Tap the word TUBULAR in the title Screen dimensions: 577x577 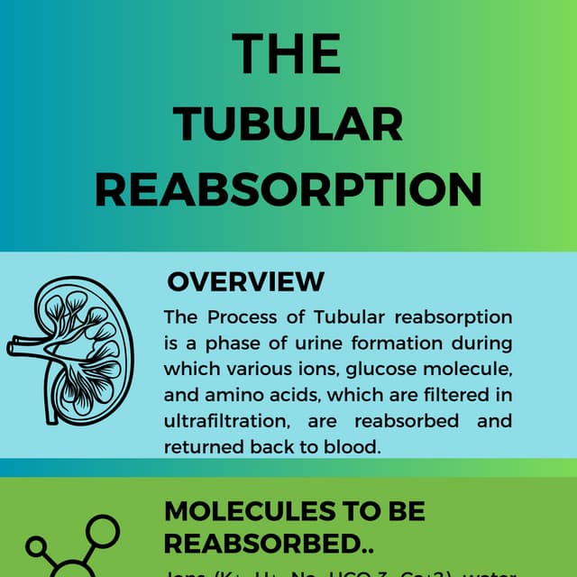288,124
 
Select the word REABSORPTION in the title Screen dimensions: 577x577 288,189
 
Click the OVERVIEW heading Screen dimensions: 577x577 245,281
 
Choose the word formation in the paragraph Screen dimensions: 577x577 397,343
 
